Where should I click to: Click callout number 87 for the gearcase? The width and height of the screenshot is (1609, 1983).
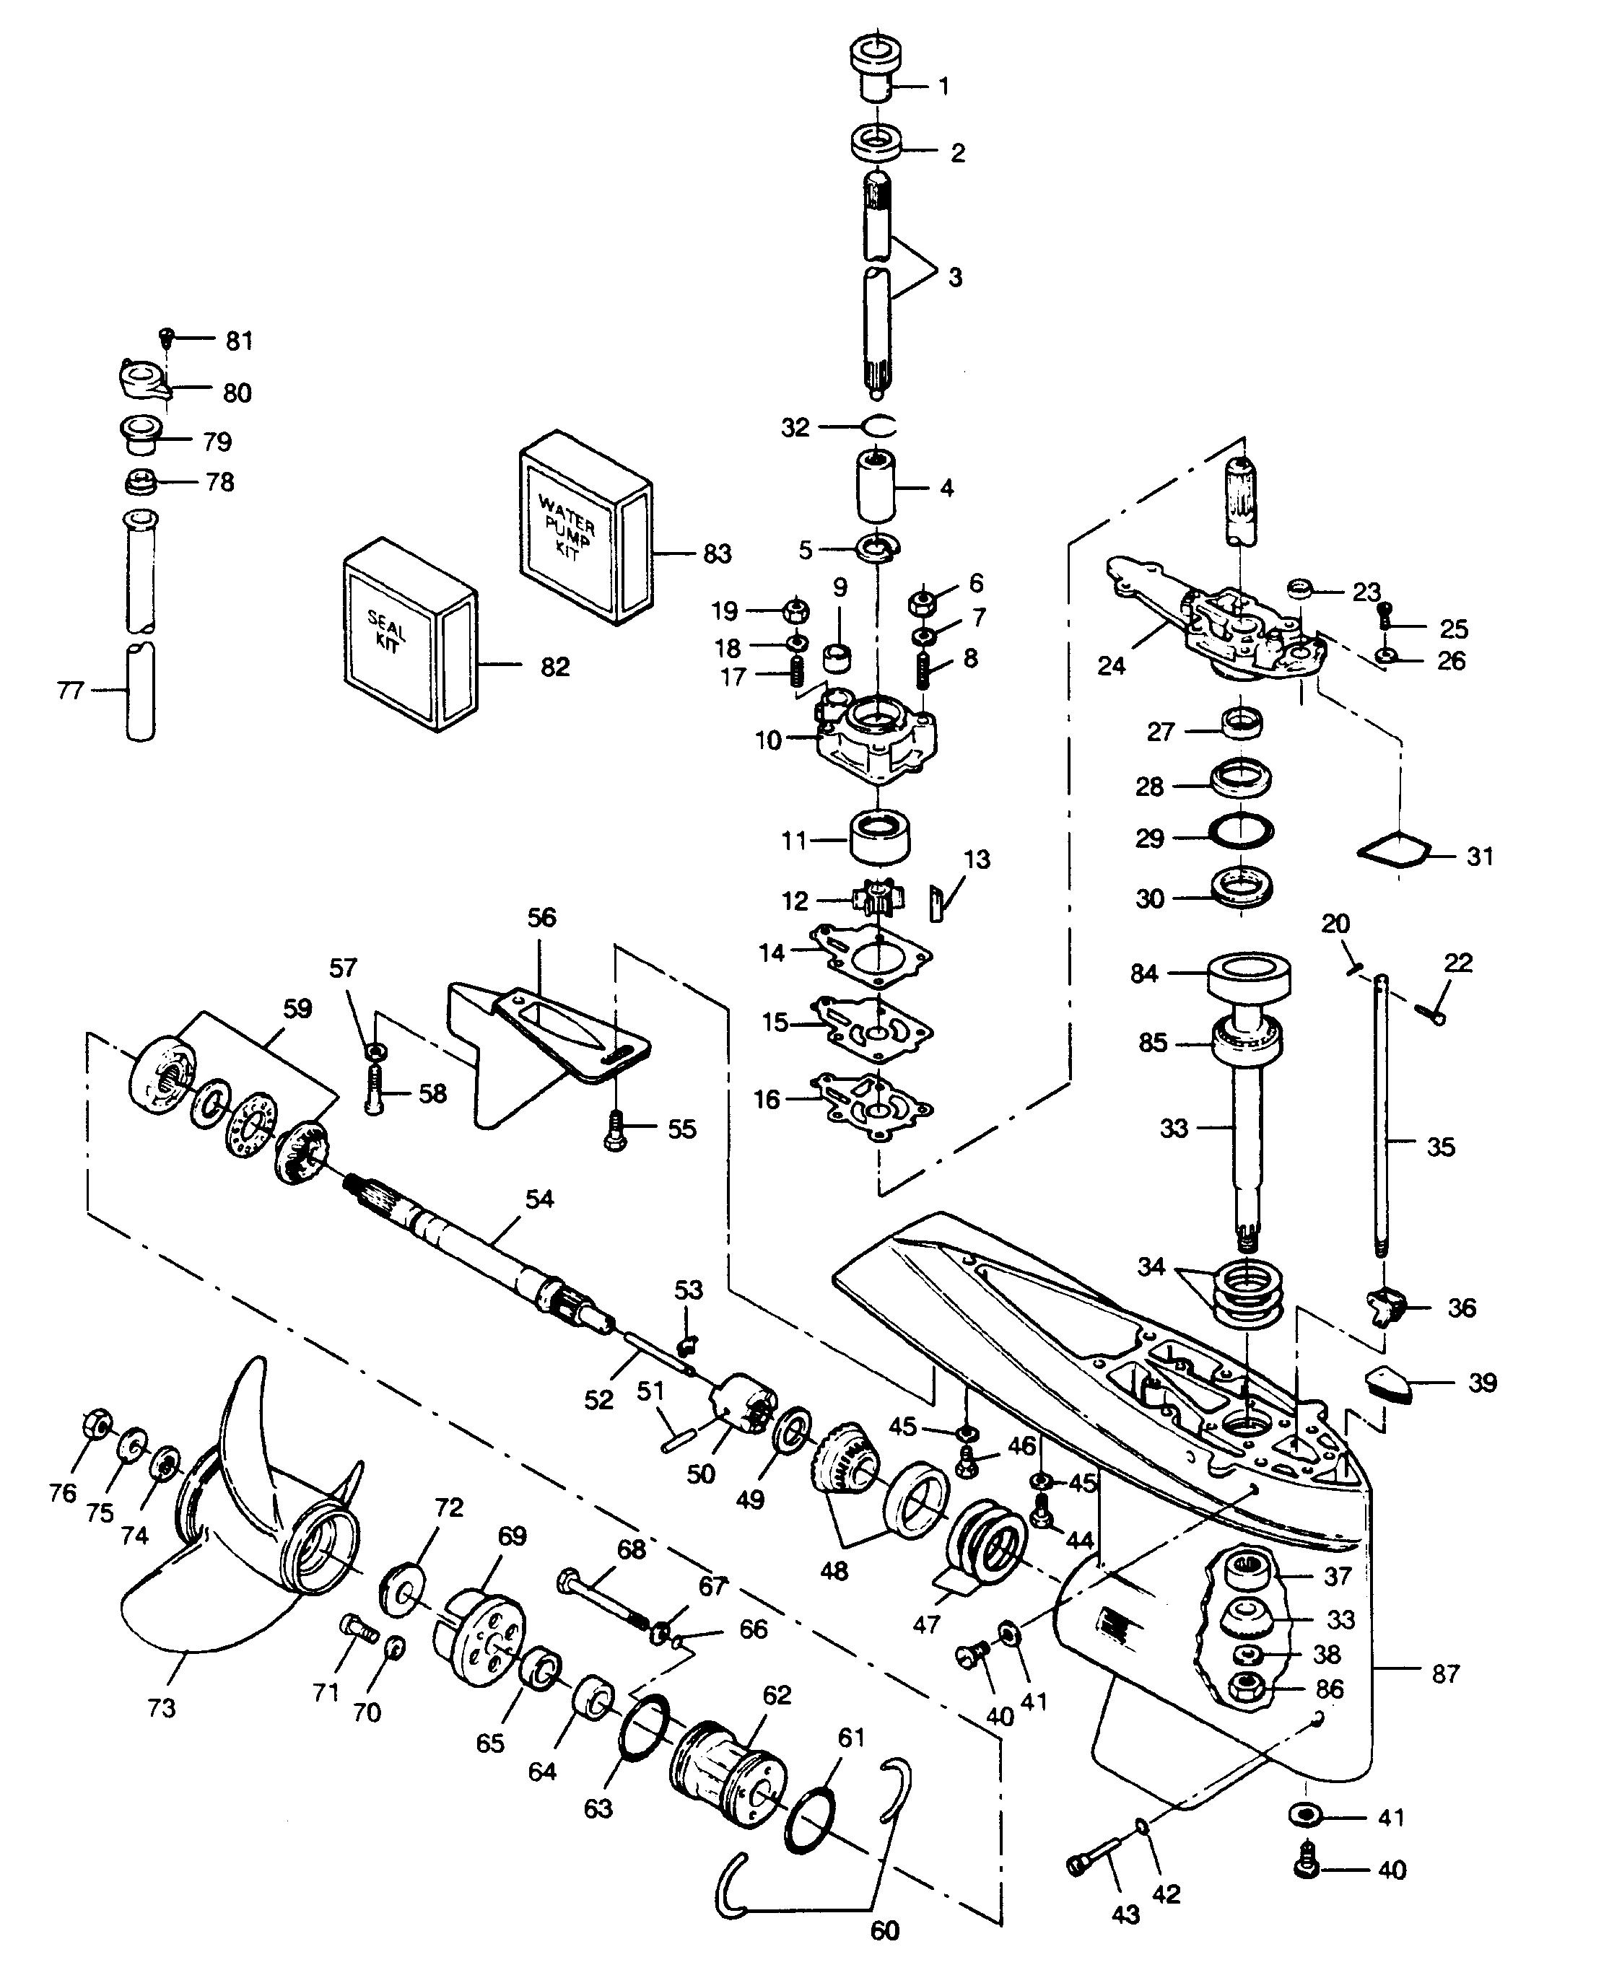[x=1446, y=1673]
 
